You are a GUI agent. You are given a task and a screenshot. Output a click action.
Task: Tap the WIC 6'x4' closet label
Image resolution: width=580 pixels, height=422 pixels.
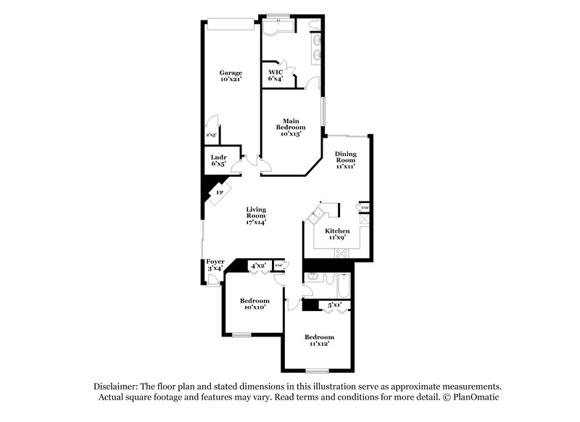click(x=276, y=75)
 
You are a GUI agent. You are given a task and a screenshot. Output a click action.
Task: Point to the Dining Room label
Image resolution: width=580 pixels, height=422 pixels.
click(x=344, y=160)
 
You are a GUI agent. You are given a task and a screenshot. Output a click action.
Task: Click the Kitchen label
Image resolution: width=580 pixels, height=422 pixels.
click(x=337, y=234)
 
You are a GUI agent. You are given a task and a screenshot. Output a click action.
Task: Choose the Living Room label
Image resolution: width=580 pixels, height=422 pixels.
click(x=256, y=216)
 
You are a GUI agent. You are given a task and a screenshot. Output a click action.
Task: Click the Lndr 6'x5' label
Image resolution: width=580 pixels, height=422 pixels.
click(x=218, y=160)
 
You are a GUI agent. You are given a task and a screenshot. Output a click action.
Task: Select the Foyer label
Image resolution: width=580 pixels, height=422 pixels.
click(x=215, y=265)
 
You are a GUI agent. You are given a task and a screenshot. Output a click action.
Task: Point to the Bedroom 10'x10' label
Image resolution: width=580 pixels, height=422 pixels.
click(x=254, y=304)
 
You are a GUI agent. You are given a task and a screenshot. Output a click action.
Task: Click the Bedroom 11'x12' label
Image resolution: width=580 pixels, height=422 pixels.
click(x=319, y=340)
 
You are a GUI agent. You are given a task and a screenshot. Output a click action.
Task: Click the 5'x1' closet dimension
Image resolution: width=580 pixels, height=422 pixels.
click(x=335, y=305)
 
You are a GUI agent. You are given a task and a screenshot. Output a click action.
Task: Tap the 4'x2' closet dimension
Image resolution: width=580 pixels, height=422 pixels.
click(x=258, y=266)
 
